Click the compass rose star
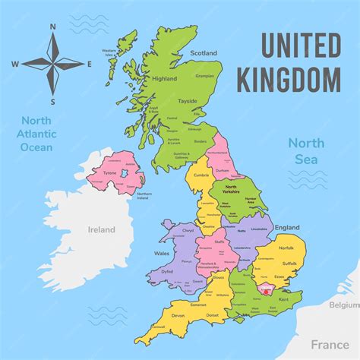click(53, 64)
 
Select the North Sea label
click(306, 150)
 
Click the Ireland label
click(101, 229)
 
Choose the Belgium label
click(343, 305)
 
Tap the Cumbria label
click(201, 174)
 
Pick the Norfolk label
click(286, 247)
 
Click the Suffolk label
click(289, 264)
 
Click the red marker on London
click(264, 289)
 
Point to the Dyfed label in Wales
click(167, 268)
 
